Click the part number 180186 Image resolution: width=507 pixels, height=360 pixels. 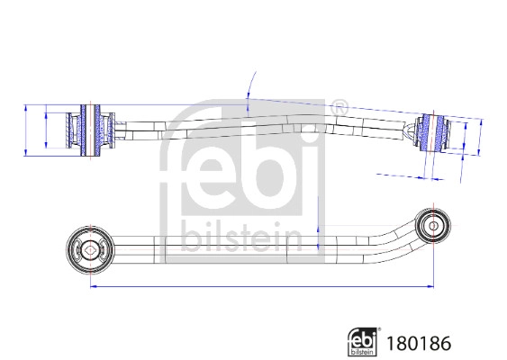click(417, 342)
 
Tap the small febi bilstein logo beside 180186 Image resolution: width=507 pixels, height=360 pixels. click(365, 341)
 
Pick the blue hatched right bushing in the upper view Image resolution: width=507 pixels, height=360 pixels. click(436, 134)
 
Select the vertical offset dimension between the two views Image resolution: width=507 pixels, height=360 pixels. click(318, 225)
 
